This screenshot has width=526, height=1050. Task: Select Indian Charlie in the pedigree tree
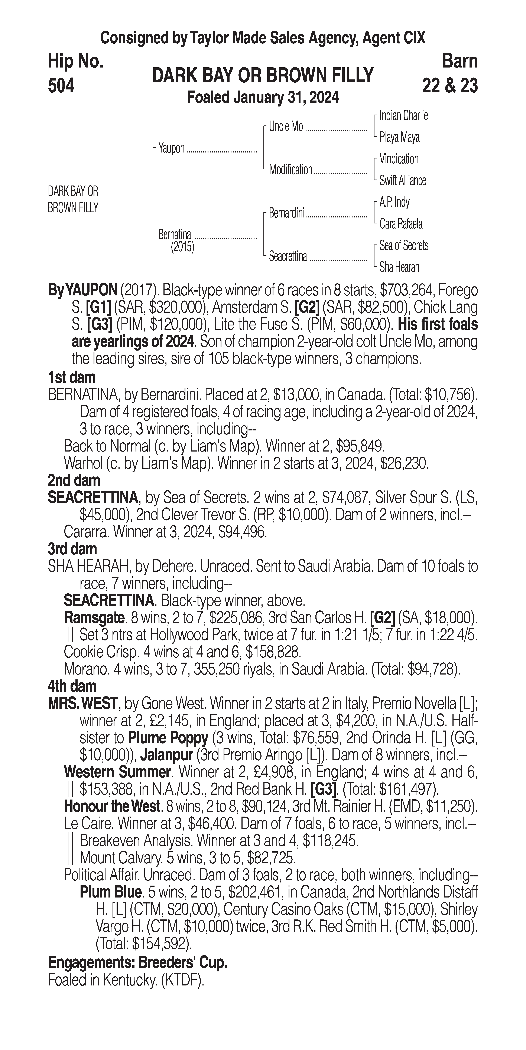(x=403, y=116)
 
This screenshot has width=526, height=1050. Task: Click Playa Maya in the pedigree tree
(x=399, y=137)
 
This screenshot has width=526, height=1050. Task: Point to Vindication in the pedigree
(x=399, y=159)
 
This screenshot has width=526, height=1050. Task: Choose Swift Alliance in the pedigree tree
(x=402, y=181)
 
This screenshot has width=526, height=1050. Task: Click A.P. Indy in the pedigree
(x=394, y=202)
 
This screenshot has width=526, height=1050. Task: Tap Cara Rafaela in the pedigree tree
(x=401, y=224)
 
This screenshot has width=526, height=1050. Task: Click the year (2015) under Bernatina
(x=182, y=247)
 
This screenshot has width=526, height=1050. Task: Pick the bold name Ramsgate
(x=94, y=618)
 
